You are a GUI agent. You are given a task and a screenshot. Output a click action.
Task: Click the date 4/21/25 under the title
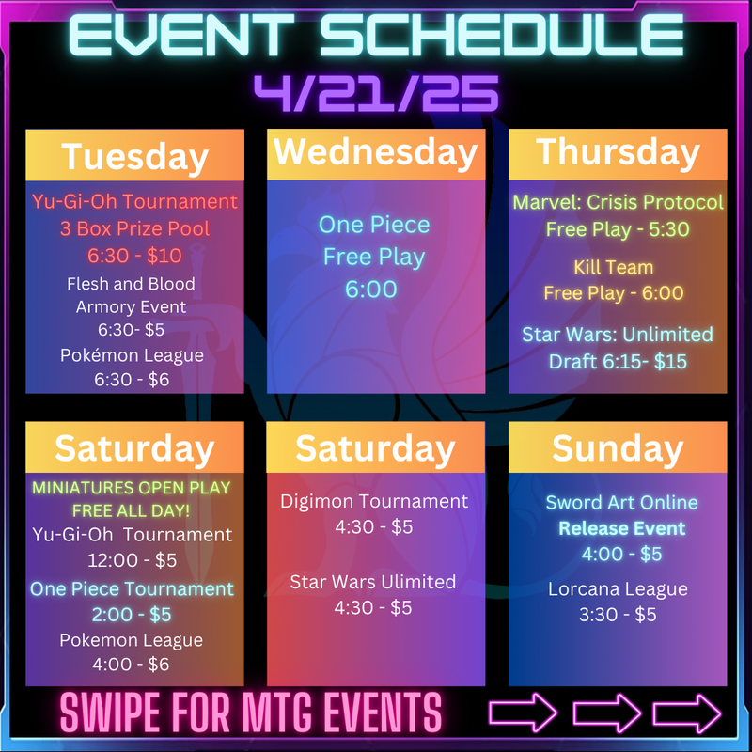pos(377,93)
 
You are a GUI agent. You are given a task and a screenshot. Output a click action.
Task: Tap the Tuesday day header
pos(134,157)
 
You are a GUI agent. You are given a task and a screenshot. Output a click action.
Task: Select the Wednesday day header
pos(375,153)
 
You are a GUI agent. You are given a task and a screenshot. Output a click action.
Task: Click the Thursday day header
pos(618,153)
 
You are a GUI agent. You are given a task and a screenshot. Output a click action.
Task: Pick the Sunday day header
pos(618,449)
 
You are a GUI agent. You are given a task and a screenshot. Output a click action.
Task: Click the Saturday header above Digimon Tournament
pos(375,449)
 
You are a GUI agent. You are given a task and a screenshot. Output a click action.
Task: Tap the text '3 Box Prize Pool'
pos(134,229)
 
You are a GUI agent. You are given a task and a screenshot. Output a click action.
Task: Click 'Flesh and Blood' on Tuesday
pos(131,284)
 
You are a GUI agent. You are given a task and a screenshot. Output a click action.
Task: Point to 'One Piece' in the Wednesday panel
pos(374,225)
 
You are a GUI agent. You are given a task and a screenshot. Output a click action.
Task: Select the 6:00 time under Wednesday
pos(371,290)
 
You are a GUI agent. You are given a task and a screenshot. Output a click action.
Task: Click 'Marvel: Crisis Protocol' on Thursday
pos(618,202)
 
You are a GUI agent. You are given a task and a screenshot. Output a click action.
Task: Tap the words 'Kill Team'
pos(614,267)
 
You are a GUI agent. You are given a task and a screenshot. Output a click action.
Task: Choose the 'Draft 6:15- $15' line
pos(618,362)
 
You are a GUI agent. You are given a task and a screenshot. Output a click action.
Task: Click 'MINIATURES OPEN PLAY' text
pos(131,488)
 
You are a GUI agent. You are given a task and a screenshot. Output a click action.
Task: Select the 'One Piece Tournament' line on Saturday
pos(132,589)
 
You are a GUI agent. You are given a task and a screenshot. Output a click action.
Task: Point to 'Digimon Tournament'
pos(374,502)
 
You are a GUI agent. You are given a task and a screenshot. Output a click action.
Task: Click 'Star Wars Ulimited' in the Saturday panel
pos(372,582)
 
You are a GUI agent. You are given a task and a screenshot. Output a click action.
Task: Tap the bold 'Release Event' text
pos(622,528)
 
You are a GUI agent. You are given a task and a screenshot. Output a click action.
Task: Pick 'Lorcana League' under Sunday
pos(618,589)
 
